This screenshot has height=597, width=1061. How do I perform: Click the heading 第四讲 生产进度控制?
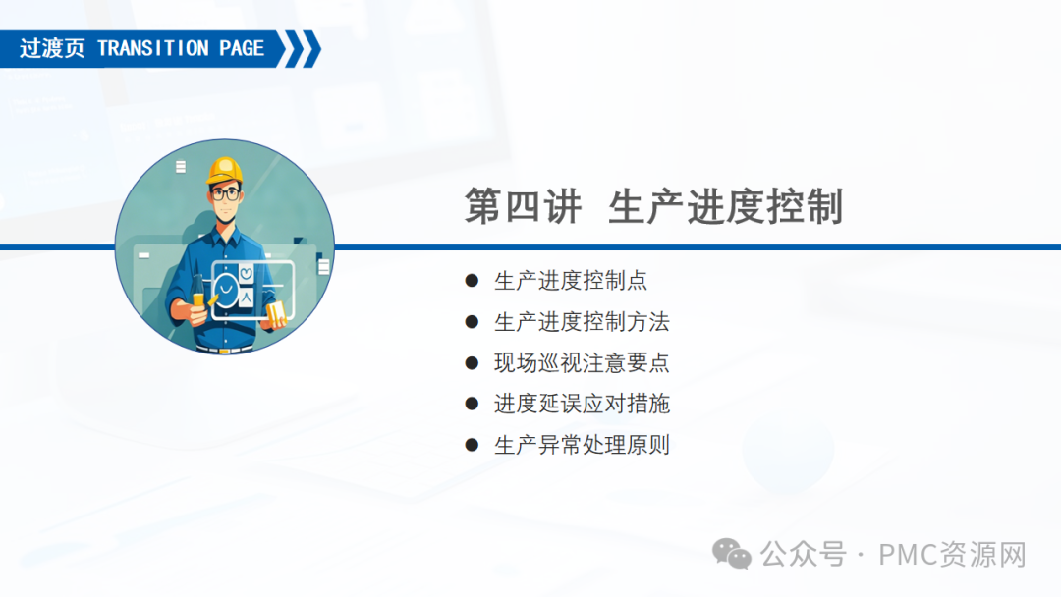tap(653, 206)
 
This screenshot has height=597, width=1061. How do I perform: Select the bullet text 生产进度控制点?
tap(571, 281)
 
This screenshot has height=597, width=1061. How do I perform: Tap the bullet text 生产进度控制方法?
tap(582, 322)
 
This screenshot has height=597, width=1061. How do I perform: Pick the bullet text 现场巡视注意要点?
tap(582, 363)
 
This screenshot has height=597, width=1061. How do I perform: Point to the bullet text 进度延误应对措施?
tap(582, 404)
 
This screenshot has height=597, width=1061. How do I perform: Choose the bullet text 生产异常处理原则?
tap(582, 445)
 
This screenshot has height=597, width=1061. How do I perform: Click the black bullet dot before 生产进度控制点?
tap(472, 281)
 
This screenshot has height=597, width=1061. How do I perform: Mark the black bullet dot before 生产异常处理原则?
tap(472, 445)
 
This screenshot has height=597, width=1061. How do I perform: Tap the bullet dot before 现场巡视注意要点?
tap(472, 363)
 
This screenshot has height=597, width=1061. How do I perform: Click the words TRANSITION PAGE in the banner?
tap(181, 49)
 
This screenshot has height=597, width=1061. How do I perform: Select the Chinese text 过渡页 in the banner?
tap(52, 49)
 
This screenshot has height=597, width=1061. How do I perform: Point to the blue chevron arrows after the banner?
tap(302, 49)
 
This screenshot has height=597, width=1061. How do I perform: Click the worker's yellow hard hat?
tap(225, 171)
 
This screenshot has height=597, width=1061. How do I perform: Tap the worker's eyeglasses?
tap(225, 194)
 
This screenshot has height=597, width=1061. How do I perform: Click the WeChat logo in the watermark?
tap(732, 555)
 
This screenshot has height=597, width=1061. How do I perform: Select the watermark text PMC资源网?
tap(952, 555)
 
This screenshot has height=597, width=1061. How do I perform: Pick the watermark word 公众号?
tap(804, 555)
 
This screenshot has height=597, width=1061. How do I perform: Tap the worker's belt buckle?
tap(224, 351)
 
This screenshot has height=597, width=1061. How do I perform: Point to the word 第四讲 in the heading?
tap(523, 206)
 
